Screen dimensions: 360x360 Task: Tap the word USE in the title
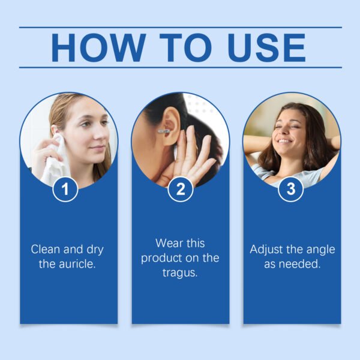tap(266, 48)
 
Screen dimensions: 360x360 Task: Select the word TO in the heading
tap(185, 48)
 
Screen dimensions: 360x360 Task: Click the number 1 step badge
tap(65, 189)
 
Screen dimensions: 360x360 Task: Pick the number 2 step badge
tap(181, 189)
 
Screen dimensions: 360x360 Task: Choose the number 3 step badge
tap(290, 189)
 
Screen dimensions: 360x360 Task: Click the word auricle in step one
tap(77, 264)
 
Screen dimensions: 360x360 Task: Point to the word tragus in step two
tap(180, 273)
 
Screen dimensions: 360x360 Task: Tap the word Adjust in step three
tap(266, 250)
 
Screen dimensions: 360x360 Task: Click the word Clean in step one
tap(46, 250)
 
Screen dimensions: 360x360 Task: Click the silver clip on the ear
tap(164, 131)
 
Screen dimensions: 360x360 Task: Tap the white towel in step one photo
tap(56, 161)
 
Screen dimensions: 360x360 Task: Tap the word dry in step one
tap(95, 250)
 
